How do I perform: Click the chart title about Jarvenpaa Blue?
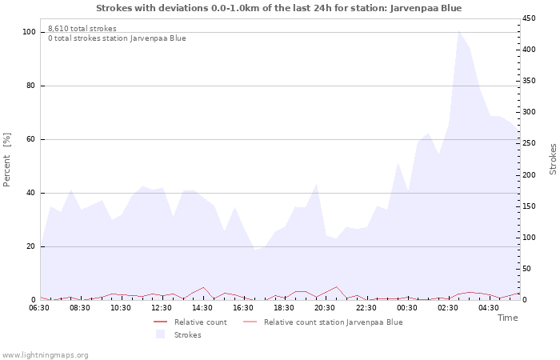tap(278, 8)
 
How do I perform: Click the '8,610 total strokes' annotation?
tap(82, 29)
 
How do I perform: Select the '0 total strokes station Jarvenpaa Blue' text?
tap(117, 38)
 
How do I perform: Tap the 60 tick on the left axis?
tap(31, 139)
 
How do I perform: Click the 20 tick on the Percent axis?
tap(31, 246)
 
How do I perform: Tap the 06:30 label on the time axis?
tap(39, 308)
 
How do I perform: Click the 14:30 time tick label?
tap(203, 308)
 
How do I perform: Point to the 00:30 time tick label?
tap(408, 308)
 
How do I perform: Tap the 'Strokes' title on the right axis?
tap(553, 158)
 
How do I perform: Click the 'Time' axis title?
tap(507, 318)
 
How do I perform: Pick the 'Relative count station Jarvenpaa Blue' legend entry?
tap(333, 322)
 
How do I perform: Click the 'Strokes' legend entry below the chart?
tap(187, 335)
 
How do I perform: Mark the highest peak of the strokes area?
tap(458, 30)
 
